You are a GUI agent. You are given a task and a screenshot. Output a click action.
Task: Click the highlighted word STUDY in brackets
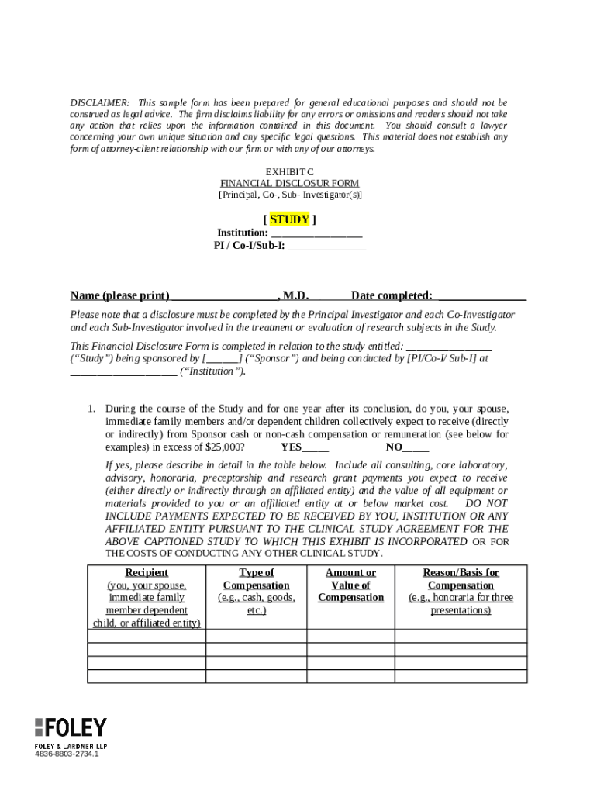click(x=289, y=219)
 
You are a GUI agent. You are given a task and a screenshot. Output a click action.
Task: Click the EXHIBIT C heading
click(x=290, y=171)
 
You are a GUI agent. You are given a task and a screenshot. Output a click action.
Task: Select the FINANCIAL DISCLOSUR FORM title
click(x=290, y=184)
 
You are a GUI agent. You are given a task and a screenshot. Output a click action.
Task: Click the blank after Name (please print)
click(x=223, y=295)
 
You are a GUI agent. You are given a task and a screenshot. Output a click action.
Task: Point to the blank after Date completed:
click(x=481, y=295)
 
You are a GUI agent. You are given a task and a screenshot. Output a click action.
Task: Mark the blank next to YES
click(x=316, y=447)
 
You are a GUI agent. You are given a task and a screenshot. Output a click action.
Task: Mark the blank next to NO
click(x=416, y=447)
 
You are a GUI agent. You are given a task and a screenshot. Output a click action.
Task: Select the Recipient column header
click(x=147, y=572)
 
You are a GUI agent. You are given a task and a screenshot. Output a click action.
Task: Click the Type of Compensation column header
click(x=256, y=578)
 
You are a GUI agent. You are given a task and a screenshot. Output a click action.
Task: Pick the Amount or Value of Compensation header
click(x=350, y=585)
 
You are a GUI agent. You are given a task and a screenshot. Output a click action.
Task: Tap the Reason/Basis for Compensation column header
click(x=461, y=578)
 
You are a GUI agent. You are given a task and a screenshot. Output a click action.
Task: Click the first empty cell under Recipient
click(x=147, y=637)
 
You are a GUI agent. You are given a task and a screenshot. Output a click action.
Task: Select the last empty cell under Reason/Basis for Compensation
click(x=461, y=676)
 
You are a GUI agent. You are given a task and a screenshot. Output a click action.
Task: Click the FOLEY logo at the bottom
click(x=71, y=728)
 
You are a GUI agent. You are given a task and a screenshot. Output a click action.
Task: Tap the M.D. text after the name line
click(x=296, y=295)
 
